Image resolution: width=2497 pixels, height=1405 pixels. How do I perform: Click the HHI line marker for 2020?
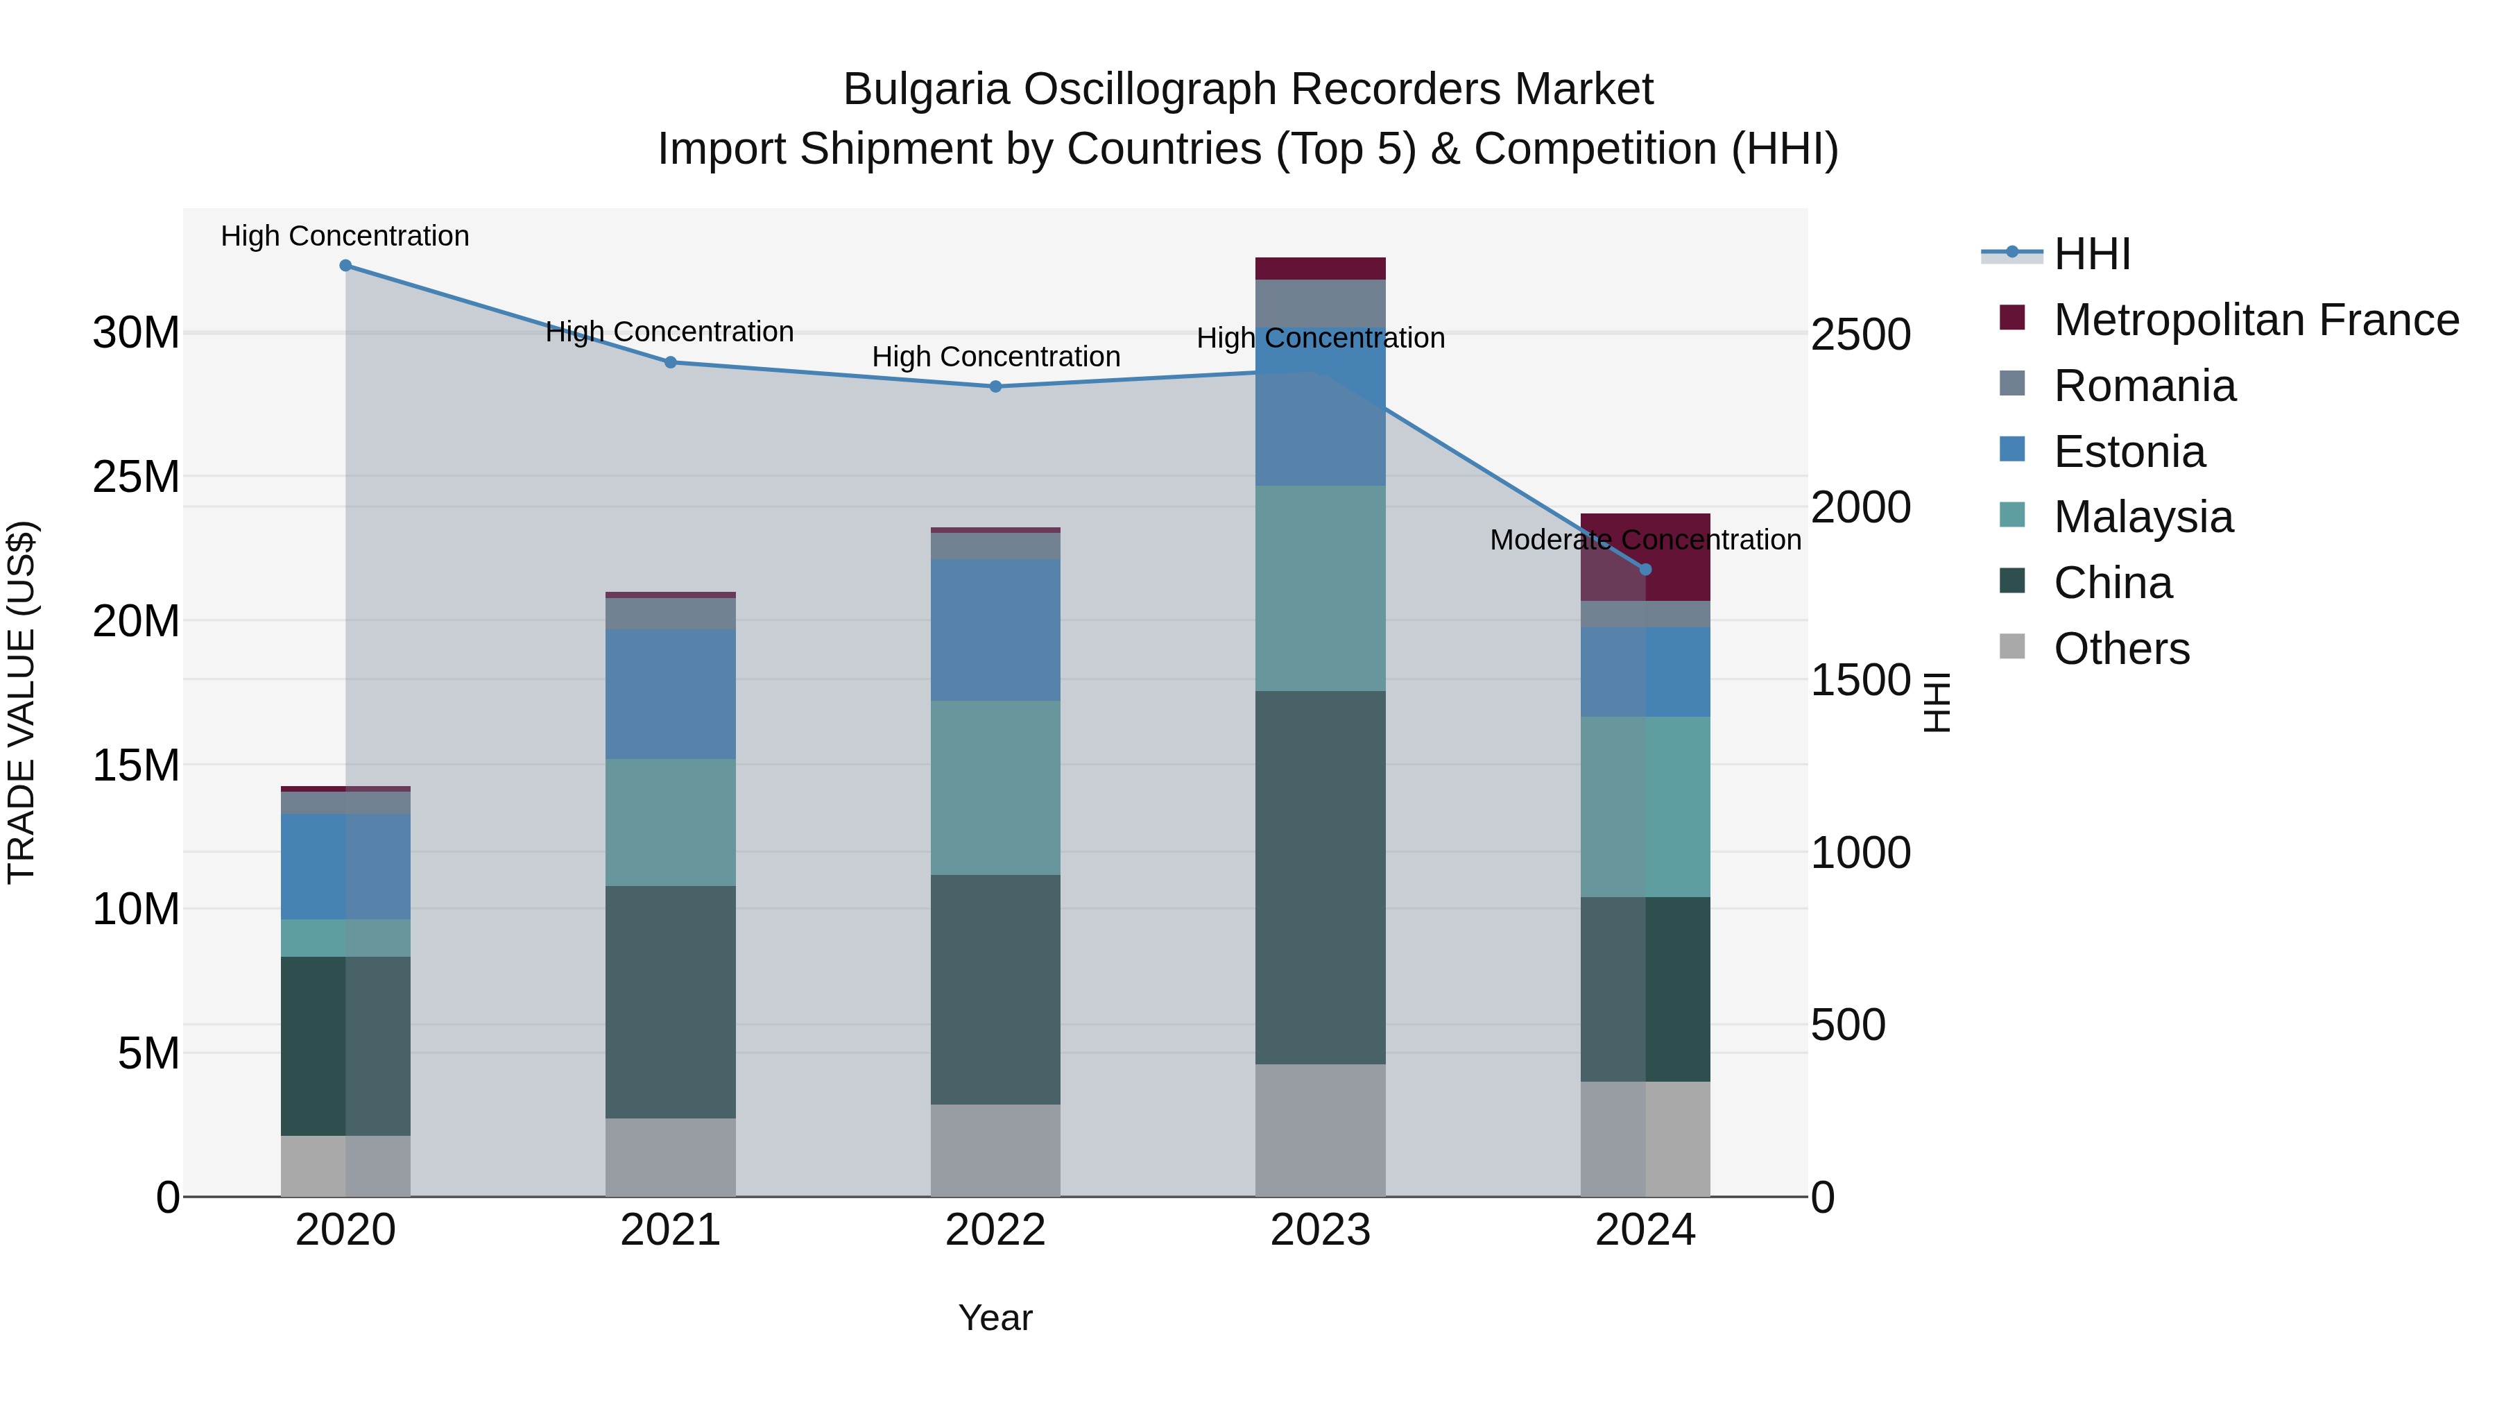[345, 266]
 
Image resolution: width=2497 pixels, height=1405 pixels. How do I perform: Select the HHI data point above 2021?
[670, 363]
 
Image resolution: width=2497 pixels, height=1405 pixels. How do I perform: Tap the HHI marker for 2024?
[1645, 570]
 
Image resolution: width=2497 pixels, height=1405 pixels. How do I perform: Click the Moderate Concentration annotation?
[1645, 540]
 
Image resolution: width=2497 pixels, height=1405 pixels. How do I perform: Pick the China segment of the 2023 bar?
[1320, 878]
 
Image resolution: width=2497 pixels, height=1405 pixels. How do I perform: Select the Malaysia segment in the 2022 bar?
[995, 787]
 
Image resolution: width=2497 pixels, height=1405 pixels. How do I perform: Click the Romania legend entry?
[2144, 386]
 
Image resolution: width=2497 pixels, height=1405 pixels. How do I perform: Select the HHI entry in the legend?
[2092, 254]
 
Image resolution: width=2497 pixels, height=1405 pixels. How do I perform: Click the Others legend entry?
[2121, 649]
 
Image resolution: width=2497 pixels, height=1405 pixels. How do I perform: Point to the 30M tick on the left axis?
[136, 334]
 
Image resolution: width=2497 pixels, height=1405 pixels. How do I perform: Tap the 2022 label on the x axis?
[995, 1230]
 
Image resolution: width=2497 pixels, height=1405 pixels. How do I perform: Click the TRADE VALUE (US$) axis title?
[22, 702]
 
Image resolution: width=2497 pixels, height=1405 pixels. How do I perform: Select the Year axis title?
[995, 1318]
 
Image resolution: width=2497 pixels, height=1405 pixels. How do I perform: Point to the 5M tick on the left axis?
[148, 1053]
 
